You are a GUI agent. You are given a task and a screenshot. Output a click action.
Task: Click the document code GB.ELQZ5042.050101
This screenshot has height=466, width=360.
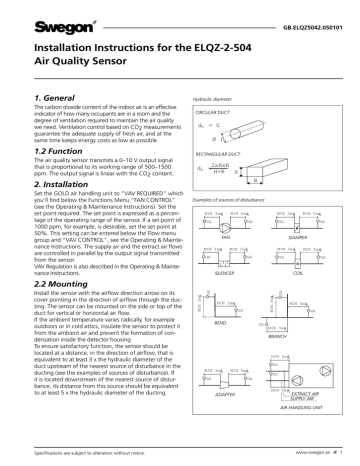pyautogui.click(x=309, y=21)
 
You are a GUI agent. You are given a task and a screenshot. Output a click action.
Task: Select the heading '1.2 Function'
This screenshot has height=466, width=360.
pyautogui.click(x=46, y=159)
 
